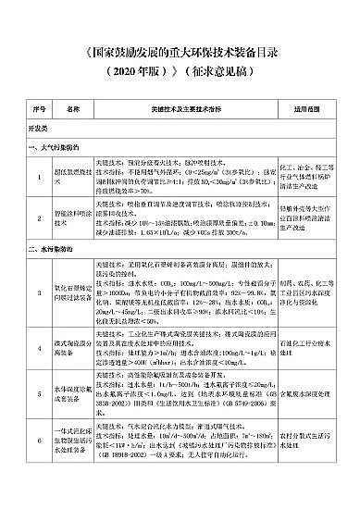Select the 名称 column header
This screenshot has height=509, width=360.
tap(75, 108)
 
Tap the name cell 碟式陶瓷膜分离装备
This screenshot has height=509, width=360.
tap(75, 348)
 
